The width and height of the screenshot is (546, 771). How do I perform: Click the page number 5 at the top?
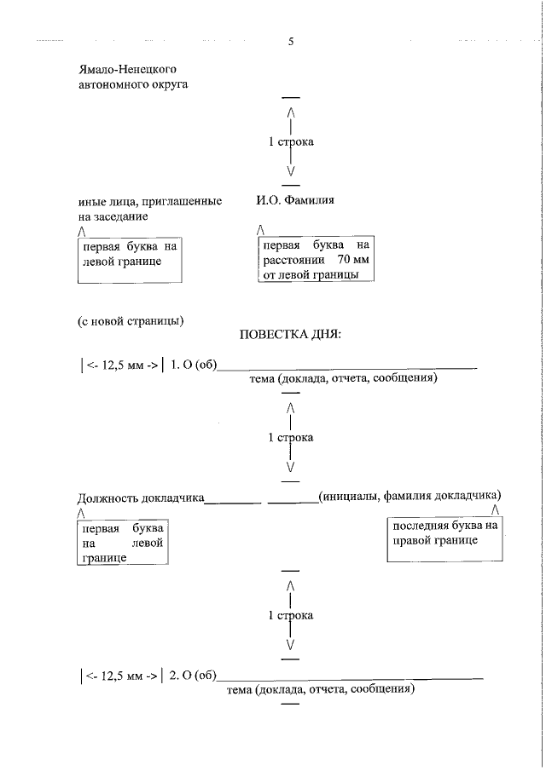click(x=291, y=42)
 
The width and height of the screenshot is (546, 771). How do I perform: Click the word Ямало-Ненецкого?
click(x=128, y=68)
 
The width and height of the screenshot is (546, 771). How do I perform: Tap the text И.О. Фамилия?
click(x=294, y=201)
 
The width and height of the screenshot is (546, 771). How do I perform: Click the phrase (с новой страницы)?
click(x=131, y=321)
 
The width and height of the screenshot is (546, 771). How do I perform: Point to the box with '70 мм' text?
click(x=317, y=260)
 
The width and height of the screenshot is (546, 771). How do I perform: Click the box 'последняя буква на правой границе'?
click(x=443, y=540)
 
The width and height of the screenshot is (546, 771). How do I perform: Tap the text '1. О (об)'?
click(x=193, y=366)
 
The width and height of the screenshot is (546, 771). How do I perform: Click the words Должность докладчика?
click(x=141, y=496)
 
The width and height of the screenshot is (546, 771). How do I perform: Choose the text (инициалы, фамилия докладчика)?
click(x=409, y=495)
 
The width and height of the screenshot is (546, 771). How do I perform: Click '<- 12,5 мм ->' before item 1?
click(x=120, y=366)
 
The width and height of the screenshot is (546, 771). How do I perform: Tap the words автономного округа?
click(x=132, y=84)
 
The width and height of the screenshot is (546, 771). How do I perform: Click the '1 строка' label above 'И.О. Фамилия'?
click(x=291, y=142)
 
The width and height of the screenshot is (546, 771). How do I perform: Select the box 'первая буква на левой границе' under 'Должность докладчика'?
click(x=122, y=543)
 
